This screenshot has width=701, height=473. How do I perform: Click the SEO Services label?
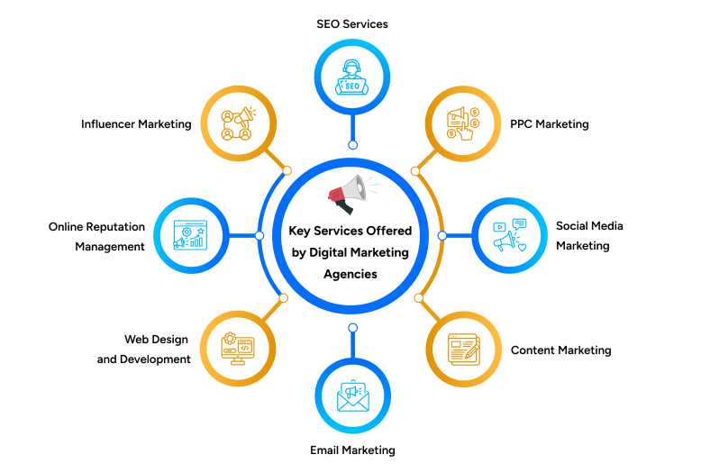[x=352, y=24]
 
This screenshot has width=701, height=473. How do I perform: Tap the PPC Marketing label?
[x=549, y=124]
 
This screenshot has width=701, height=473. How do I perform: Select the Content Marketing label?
[x=560, y=350]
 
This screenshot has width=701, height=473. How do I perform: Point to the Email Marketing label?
[x=352, y=450]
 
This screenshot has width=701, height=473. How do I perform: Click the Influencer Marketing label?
[x=136, y=124]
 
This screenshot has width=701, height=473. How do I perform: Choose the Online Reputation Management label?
[x=96, y=237]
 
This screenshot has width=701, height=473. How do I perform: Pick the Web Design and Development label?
[x=144, y=350]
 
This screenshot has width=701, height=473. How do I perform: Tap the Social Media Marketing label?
[x=588, y=235]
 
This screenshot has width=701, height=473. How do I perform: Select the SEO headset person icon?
[x=352, y=79]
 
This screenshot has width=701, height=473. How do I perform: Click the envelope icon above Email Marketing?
[x=352, y=396]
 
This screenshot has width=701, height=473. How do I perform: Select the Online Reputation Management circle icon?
[x=191, y=236]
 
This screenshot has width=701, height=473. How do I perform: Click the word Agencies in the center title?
[x=352, y=274]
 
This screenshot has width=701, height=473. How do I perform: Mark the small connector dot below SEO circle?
[x=352, y=144]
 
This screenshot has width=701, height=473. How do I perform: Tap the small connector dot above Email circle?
[x=352, y=328]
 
